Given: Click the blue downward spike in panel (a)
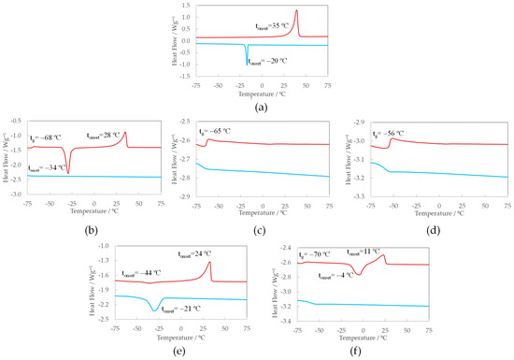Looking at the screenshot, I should [248, 63].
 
